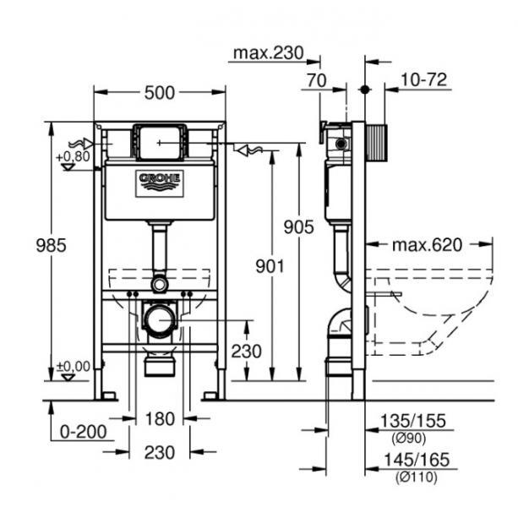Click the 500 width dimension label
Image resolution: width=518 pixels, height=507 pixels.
[x=159, y=94]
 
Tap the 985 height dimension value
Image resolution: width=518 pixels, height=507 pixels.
[x=26, y=244]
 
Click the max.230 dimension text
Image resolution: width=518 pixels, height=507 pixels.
[x=268, y=54]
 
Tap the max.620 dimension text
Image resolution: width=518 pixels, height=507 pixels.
[x=428, y=245]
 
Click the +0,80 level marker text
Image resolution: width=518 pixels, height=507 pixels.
[x=72, y=156]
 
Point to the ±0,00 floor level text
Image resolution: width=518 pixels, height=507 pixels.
[x=72, y=366]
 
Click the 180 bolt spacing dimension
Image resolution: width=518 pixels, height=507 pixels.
[x=159, y=417]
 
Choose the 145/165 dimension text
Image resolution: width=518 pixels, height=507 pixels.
[x=413, y=461]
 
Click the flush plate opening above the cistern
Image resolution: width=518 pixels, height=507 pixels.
[x=160, y=142]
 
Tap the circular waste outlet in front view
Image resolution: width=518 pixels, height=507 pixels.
[x=159, y=320]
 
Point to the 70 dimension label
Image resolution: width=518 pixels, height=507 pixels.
[x=318, y=81]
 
